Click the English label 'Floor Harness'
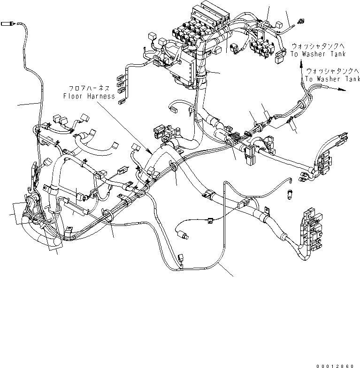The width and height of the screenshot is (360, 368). [x=89, y=96]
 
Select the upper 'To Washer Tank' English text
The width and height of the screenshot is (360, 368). [x=314, y=54]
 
